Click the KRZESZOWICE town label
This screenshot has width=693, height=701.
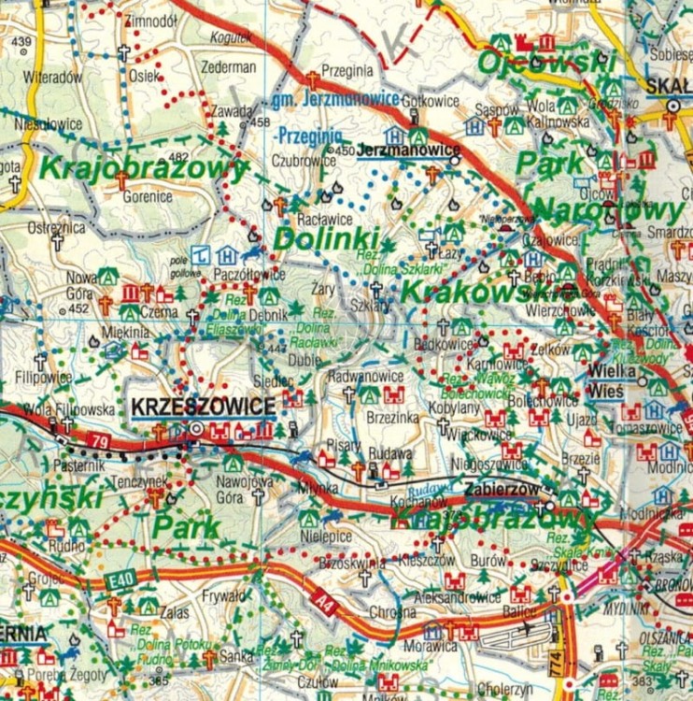(204, 406)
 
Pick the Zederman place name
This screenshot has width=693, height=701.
(228, 67)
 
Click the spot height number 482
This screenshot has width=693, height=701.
(178, 156)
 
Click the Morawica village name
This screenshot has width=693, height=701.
(430, 645)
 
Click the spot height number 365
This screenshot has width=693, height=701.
(159, 656)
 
